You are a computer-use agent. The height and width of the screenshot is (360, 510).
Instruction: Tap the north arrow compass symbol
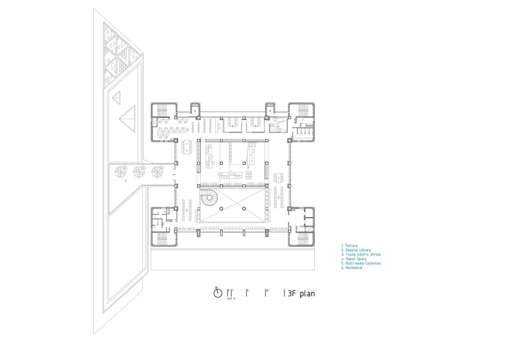click(218, 293)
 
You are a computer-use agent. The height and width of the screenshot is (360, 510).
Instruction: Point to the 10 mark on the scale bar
click(267, 291)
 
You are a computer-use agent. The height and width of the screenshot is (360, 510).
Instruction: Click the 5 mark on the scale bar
click(247, 291)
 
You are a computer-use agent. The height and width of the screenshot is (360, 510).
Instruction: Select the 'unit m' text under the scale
click(231, 298)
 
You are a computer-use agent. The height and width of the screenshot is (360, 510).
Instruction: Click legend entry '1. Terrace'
click(349, 246)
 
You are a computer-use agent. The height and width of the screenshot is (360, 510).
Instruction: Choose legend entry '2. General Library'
click(356, 250)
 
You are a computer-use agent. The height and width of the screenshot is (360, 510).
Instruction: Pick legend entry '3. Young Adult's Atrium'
click(361, 254)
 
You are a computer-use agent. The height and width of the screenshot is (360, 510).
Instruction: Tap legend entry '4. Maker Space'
click(354, 259)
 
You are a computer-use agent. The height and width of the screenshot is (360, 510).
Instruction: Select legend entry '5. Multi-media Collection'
click(361, 263)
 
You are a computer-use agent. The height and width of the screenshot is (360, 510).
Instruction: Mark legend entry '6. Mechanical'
click(352, 268)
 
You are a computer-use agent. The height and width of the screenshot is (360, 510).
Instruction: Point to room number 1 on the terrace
click(126, 181)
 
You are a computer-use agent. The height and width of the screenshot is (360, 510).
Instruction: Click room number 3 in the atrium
click(248, 167)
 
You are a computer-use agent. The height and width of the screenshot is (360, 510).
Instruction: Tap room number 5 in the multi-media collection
click(187, 130)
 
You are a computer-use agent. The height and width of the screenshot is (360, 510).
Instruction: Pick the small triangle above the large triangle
click(116, 98)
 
